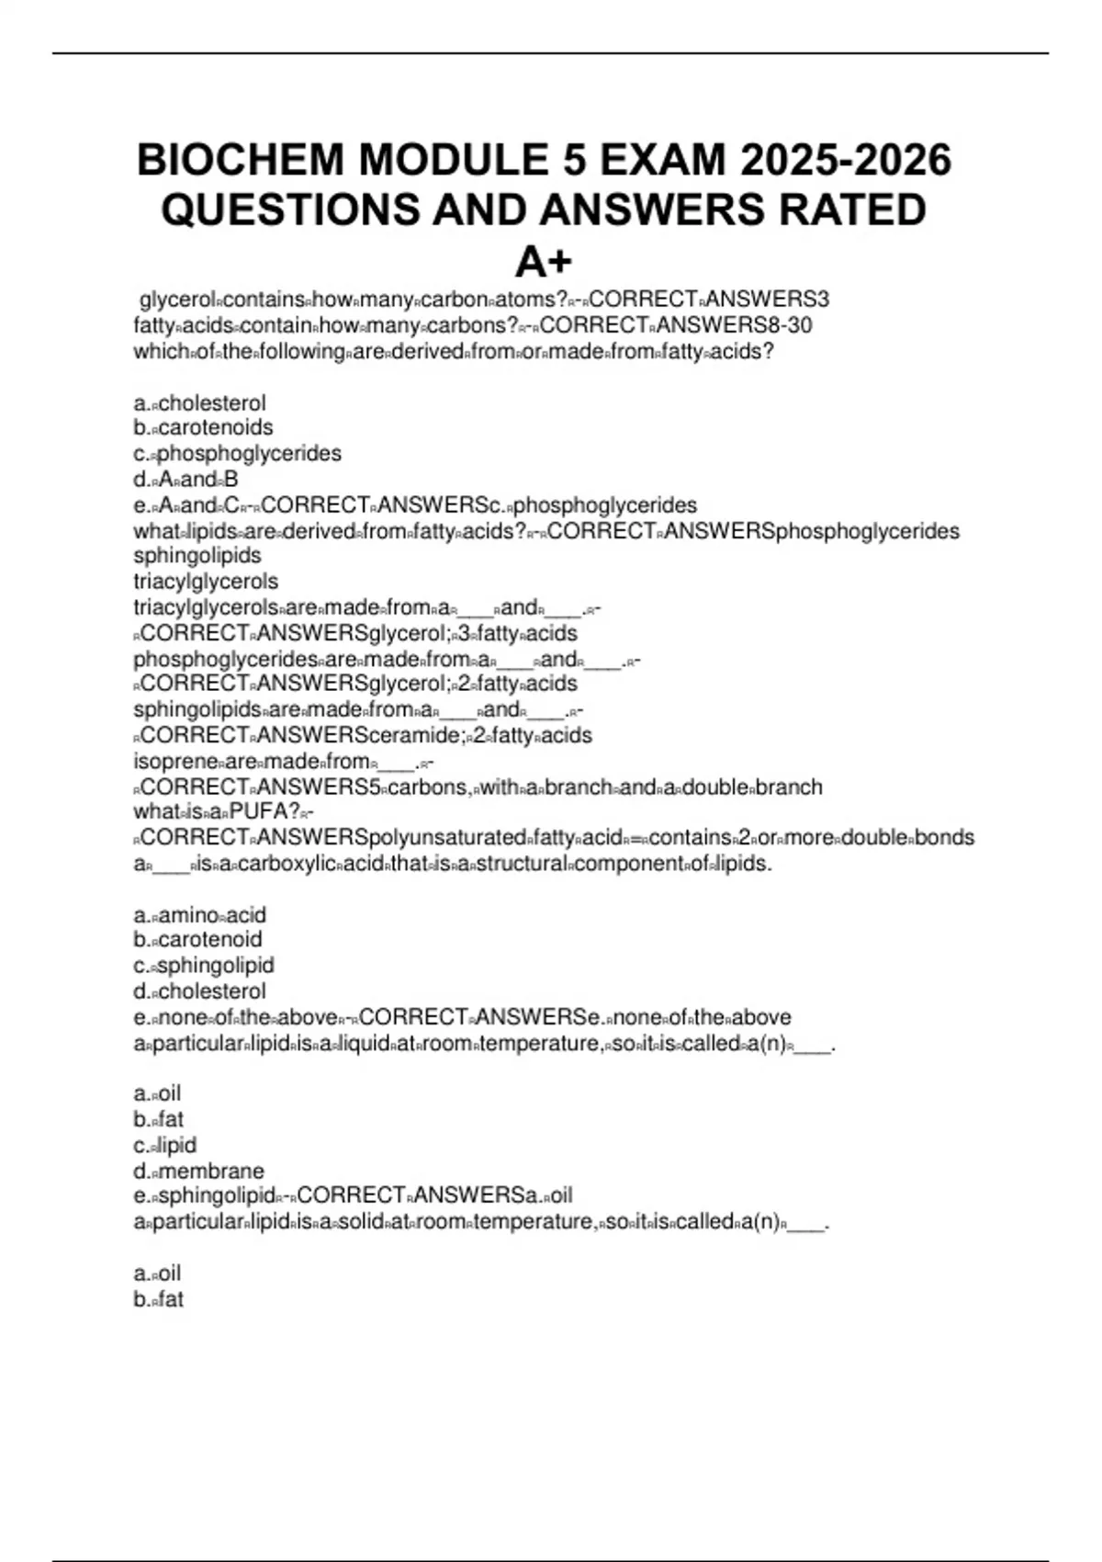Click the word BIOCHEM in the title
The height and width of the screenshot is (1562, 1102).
point(241,161)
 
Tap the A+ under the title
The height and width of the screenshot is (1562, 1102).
point(544,262)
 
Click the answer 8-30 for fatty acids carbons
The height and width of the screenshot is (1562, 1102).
point(791,325)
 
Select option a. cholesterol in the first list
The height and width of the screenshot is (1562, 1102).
point(199,403)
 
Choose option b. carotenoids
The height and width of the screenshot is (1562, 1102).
point(203,427)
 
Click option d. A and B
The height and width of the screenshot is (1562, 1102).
point(186,480)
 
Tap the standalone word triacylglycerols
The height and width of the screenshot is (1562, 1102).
point(206,582)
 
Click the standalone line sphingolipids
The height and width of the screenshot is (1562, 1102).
point(197,556)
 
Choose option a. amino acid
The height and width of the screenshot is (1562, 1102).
point(199,915)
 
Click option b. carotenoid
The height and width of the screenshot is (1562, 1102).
point(197,940)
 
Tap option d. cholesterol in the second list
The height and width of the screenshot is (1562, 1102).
point(199,991)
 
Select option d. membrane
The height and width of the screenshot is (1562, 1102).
point(198,1171)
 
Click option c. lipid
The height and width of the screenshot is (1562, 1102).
point(165,1146)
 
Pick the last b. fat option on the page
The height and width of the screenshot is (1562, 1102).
point(159,1300)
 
